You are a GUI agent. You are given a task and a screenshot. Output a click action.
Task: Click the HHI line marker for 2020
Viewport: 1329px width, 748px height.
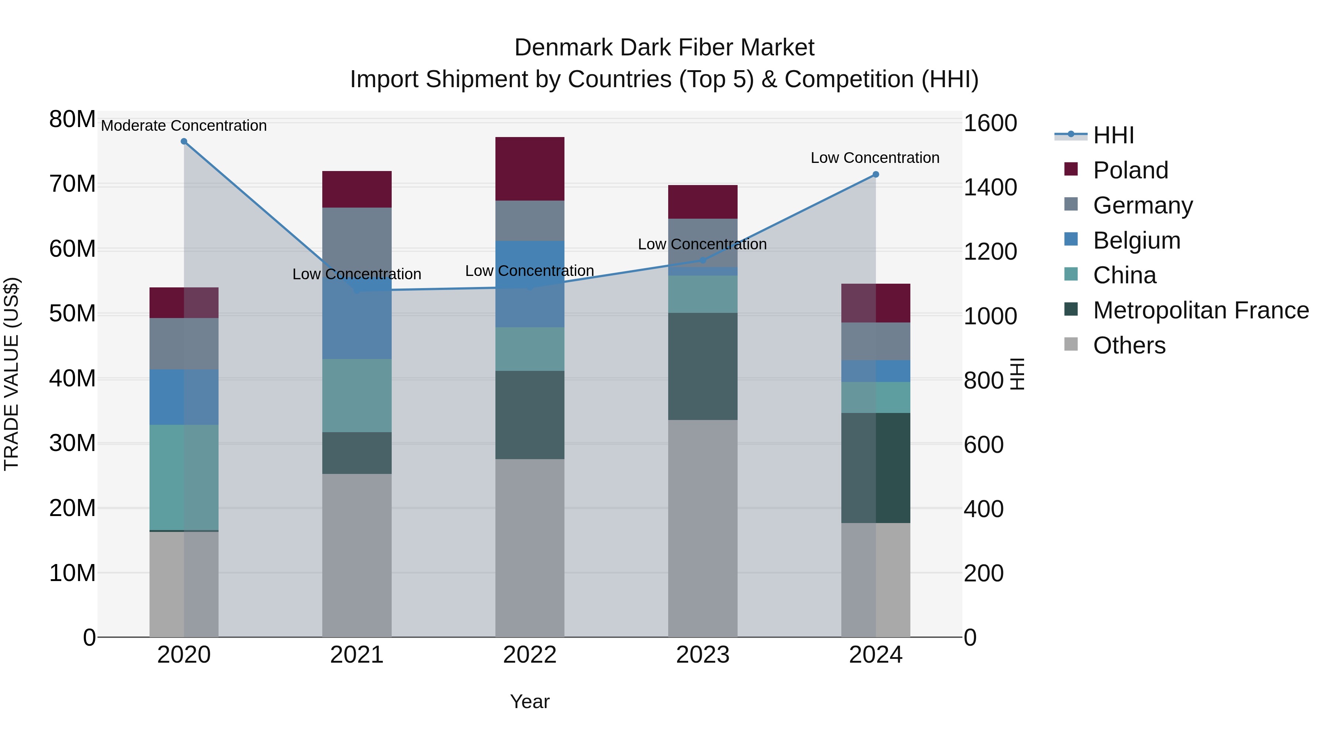point(184,141)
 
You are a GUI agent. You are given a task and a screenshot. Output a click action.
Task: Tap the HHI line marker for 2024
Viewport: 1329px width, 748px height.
point(876,174)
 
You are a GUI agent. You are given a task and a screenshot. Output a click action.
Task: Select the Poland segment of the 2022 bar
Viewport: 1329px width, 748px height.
point(530,169)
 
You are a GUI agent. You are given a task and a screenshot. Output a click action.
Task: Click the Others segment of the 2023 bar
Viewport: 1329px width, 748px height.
point(703,528)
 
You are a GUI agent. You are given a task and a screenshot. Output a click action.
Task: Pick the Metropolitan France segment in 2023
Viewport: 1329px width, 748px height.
point(703,366)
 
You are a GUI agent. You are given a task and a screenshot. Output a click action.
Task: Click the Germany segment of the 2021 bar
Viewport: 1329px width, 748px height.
point(357,238)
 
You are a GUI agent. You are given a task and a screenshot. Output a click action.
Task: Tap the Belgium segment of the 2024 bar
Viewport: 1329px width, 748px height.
point(876,371)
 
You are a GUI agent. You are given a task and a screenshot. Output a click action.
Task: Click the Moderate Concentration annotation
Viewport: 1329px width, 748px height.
point(184,126)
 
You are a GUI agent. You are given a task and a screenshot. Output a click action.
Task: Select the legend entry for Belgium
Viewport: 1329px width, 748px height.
point(1137,240)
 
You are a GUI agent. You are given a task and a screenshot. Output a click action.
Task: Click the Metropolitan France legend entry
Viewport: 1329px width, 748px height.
point(1201,310)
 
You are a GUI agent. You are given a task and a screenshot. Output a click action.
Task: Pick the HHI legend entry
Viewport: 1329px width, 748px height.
point(1113,135)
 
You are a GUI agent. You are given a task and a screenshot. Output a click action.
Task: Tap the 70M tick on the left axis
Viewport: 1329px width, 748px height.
point(72,184)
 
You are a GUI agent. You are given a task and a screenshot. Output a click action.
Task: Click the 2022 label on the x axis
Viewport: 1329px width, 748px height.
point(530,655)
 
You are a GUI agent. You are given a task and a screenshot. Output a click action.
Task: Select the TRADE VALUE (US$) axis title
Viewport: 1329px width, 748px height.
point(11,374)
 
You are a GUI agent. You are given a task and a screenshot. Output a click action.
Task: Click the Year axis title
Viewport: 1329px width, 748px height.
point(530,701)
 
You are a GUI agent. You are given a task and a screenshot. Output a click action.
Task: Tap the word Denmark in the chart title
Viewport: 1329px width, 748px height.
point(563,48)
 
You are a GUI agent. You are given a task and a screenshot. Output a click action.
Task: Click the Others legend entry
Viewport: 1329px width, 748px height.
point(1129,345)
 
